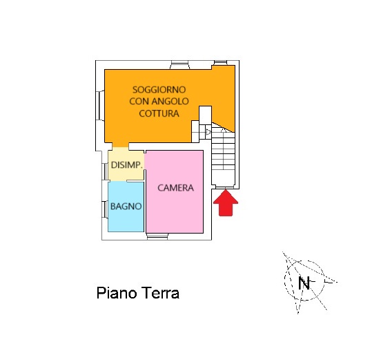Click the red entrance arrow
(x=226, y=203)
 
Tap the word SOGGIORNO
(x=159, y=90)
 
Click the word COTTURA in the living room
(x=159, y=113)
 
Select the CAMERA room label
(x=176, y=188)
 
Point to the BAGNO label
(x=126, y=207)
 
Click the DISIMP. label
(x=126, y=165)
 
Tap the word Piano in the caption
(x=117, y=293)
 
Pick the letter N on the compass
(x=304, y=283)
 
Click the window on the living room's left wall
(x=100, y=105)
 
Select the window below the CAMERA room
(x=157, y=236)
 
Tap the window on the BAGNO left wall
(x=105, y=209)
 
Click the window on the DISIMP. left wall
(x=105, y=172)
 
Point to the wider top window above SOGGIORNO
(x=180, y=65)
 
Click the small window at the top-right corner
(x=220, y=63)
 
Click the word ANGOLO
(x=170, y=102)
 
